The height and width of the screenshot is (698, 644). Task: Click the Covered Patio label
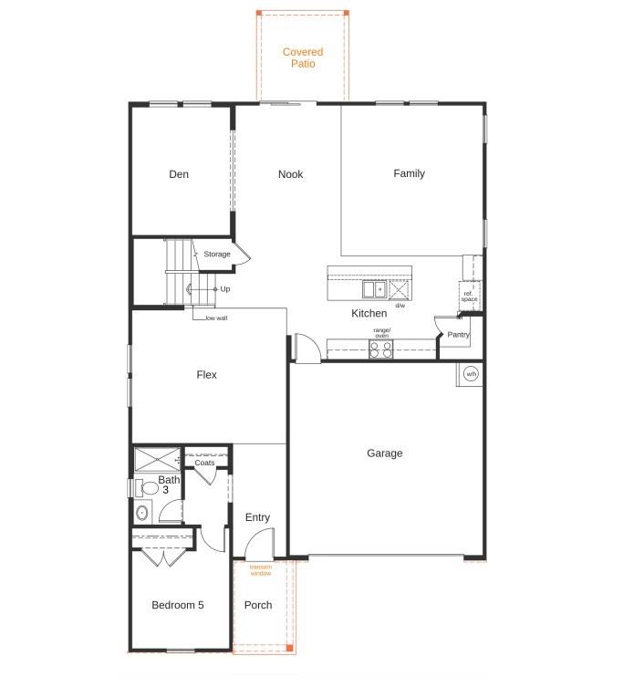[x=302, y=58]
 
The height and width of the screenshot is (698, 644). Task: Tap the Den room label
[x=179, y=174]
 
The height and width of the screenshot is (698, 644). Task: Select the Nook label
[x=291, y=174]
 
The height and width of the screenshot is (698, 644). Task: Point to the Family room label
[x=409, y=173]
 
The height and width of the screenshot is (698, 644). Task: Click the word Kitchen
[x=369, y=313]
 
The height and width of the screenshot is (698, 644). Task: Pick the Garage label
[x=384, y=453]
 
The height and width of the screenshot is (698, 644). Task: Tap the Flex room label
[x=207, y=375]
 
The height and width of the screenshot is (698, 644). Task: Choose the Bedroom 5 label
[x=178, y=605]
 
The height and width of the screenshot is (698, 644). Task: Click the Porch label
[x=258, y=605]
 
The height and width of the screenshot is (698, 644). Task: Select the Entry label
[x=257, y=517]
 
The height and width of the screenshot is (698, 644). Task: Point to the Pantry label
[x=458, y=335]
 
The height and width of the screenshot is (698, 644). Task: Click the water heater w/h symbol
[x=471, y=374]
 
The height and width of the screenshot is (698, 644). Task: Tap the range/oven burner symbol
[x=381, y=349]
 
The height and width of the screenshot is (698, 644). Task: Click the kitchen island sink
[x=373, y=290]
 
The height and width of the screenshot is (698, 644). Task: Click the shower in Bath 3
[x=157, y=459]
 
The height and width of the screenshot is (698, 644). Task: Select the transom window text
[x=261, y=570]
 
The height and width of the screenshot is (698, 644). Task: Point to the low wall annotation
[x=216, y=318]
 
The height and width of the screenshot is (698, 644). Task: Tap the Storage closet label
[x=217, y=255]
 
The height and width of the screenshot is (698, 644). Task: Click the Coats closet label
[x=204, y=463]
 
